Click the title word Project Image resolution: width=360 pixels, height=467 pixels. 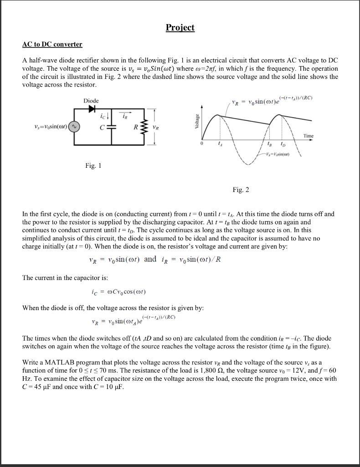pyautogui.click(x=180, y=27)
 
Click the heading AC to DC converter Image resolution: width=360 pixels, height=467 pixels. pyautogui.click(x=52, y=44)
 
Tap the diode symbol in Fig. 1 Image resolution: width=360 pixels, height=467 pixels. pyautogui.click(x=93, y=109)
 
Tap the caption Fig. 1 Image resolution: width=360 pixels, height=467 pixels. pyautogui.click(x=93, y=166)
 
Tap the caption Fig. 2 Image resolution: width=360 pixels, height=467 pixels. pyautogui.click(x=240, y=189)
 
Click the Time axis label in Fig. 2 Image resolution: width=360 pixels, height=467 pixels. pyautogui.click(x=308, y=136)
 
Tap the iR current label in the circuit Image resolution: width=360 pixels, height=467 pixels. pyautogui.click(x=124, y=117)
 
